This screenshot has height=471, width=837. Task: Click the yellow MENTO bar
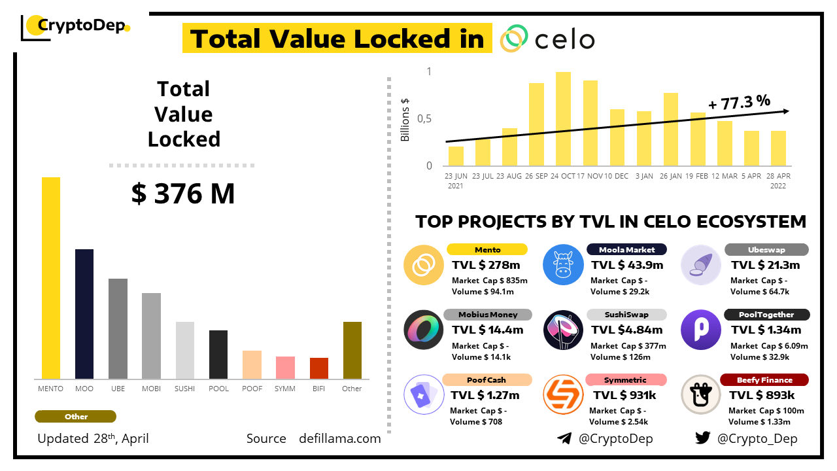(51, 278)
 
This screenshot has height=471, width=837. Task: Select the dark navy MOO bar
(84, 314)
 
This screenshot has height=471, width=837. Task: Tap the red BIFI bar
(319, 368)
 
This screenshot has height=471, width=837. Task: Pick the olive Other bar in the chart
(352, 350)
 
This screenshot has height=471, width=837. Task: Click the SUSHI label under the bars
(185, 389)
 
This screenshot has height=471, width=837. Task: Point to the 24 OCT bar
(563, 118)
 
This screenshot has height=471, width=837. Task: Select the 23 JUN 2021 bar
(456, 156)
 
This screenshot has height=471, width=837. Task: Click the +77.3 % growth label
(739, 102)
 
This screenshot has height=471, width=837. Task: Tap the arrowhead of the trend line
(785, 111)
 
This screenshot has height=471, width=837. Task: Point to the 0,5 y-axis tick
(425, 118)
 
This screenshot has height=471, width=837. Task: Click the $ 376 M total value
(183, 194)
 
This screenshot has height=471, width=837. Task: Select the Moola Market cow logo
(564, 265)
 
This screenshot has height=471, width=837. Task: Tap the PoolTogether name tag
(766, 315)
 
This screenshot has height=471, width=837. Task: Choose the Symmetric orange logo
(564, 394)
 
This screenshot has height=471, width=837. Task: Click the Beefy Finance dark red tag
(764, 380)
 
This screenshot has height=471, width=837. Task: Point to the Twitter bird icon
(703, 438)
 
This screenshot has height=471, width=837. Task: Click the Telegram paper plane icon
(564, 438)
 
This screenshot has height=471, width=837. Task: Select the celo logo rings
(514, 39)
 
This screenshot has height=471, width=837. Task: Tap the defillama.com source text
(340, 438)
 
